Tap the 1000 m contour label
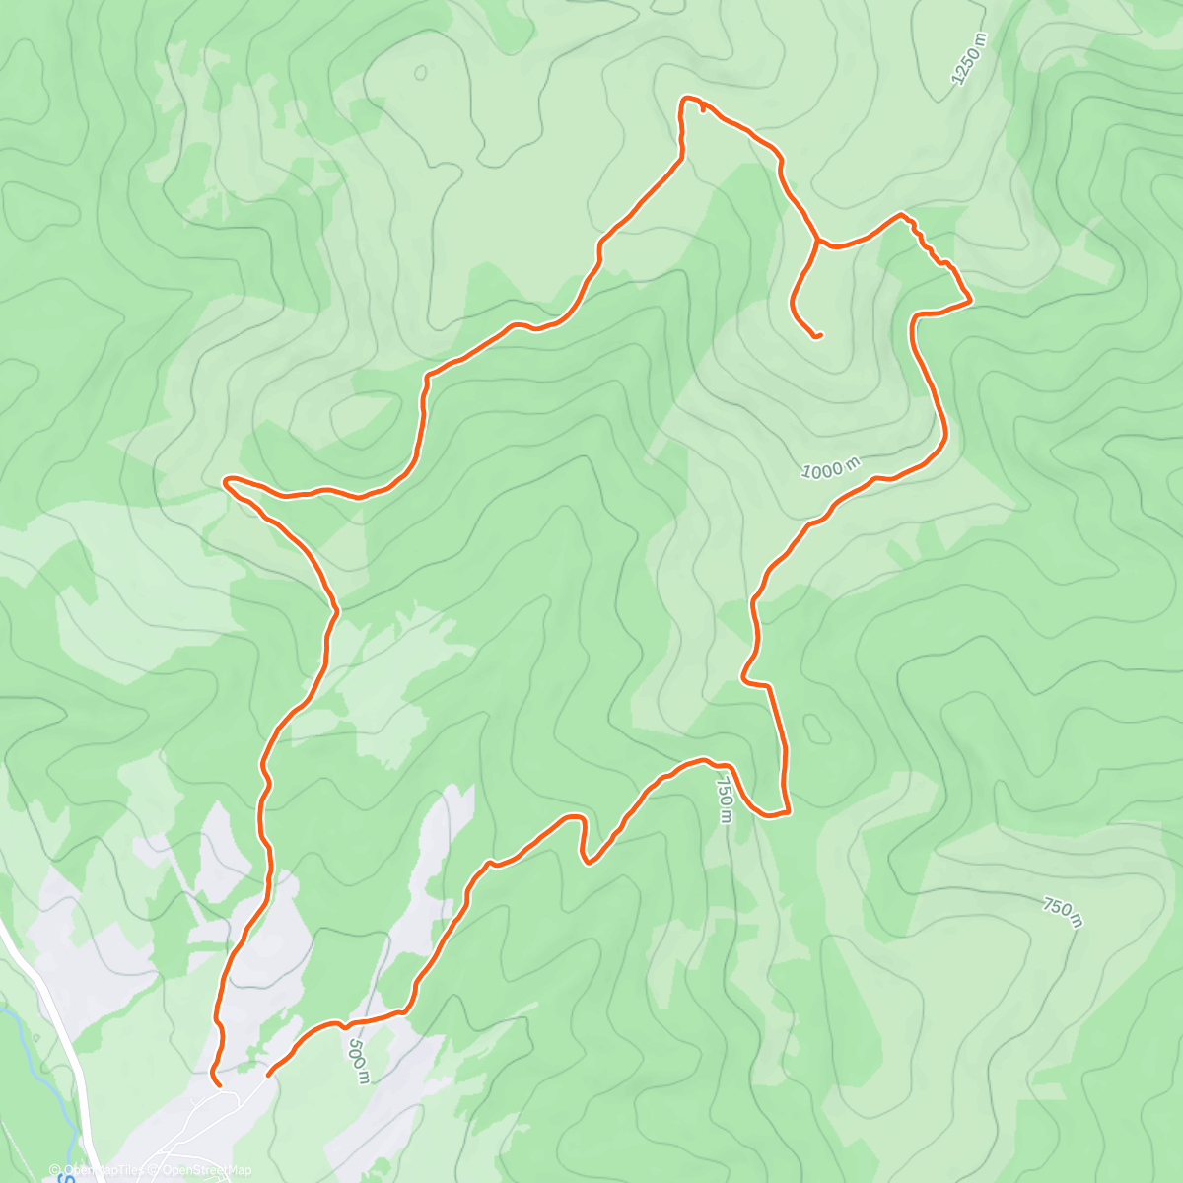(831, 469)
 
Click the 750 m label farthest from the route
(1063, 912)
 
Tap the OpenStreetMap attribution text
(208, 1171)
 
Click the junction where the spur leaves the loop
(816, 239)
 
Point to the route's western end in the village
(218, 1086)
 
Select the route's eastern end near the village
(268, 1076)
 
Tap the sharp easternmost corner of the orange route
(972, 299)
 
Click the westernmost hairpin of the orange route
(226, 481)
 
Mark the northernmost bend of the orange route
(688, 98)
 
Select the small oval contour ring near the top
(421, 72)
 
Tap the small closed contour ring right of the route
(816, 729)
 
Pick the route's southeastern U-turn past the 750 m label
(769, 814)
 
